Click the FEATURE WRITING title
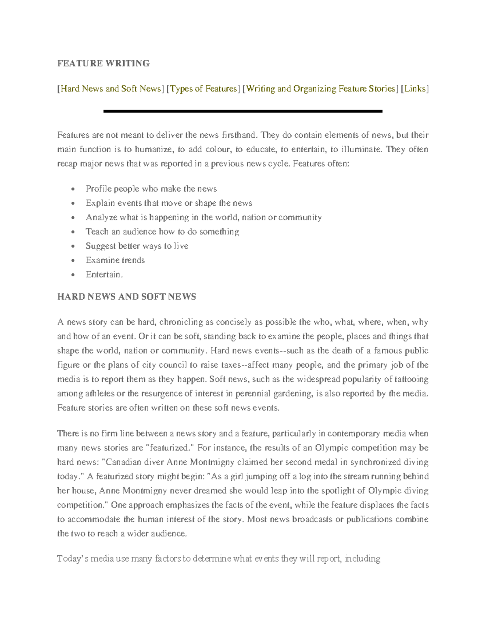(x=103, y=63)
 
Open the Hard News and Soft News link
(x=111, y=88)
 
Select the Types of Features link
(x=204, y=88)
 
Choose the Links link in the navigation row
(x=414, y=88)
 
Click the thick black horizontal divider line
(x=243, y=111)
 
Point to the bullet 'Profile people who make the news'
(x=151, y=189)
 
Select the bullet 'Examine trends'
(x=115, y=260)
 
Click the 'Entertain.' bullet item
(x=104, y=274)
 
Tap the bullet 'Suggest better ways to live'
(x=137, y=246)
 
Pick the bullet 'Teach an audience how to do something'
(x=162, y=232)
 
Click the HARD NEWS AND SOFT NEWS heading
(x=126, y=296)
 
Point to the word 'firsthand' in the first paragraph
(x=239, y=135)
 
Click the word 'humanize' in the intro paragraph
(x=153, y=149)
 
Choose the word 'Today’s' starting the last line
(x=72, y=559)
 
